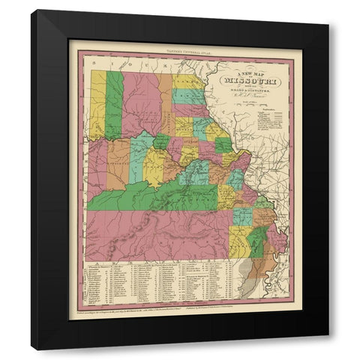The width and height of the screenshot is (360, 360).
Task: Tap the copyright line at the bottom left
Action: click(x=127, y=307)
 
